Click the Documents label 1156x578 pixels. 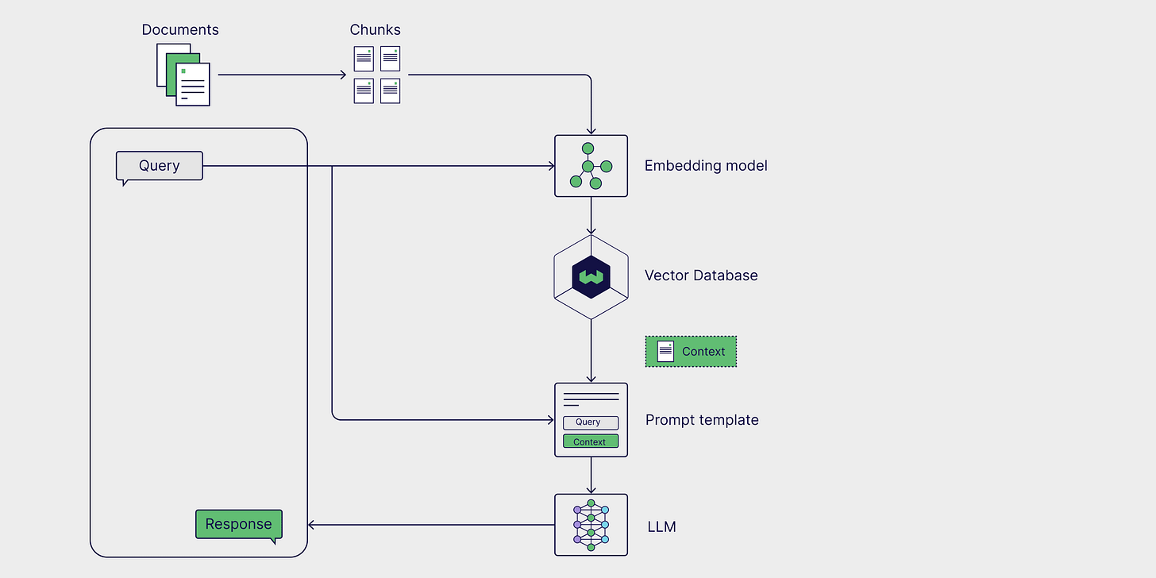[180, 30]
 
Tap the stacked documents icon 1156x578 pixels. [183, 75]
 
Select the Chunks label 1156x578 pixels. [376, 30]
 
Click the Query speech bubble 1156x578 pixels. [160, 166]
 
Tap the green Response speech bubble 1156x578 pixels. [238, 524]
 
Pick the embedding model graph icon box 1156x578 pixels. [591, 166]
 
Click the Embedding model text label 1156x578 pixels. [706, 166]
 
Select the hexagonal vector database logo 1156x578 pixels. [591, 276]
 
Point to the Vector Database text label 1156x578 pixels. [701, 276]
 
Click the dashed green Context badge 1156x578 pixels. [691, 351]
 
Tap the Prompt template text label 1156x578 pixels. [702, 420]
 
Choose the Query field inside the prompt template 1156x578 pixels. [590, 422]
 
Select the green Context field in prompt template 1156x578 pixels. [590, 441]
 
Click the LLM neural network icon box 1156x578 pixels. [591, 525]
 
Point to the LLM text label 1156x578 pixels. [661, 526]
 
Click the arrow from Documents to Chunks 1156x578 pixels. [282, 75]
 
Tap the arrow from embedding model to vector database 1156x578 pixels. [591, 215]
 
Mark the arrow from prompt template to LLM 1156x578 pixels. [591, 476]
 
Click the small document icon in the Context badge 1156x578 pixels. [665, 351]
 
